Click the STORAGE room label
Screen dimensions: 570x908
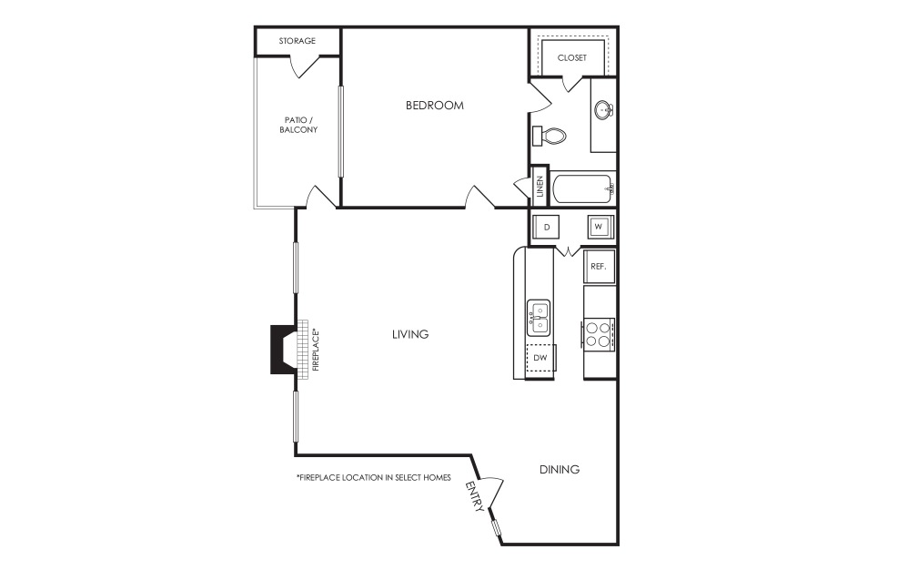(298, 41)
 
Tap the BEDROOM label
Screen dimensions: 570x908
(434, 106)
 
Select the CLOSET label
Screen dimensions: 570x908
(572, 57)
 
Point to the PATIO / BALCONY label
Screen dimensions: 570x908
(298, 125)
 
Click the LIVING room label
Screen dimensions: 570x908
(410, 334)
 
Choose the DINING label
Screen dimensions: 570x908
(560, 470)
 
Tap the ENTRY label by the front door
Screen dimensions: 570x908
(475, 497)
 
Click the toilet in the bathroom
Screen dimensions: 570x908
(550, 136)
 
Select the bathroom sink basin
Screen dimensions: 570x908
(603, 110)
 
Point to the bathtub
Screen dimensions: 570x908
(582, 190)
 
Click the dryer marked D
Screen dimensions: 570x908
(547, 226)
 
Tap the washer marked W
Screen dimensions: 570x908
(599, 226)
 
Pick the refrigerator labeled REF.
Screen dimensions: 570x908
(599, 267)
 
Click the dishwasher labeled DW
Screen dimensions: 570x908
(540, 359)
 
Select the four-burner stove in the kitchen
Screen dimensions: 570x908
(599, 334)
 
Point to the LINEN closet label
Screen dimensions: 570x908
(540, 187)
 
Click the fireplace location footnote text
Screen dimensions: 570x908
(373, 477)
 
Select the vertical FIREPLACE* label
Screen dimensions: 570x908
(317, 351)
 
